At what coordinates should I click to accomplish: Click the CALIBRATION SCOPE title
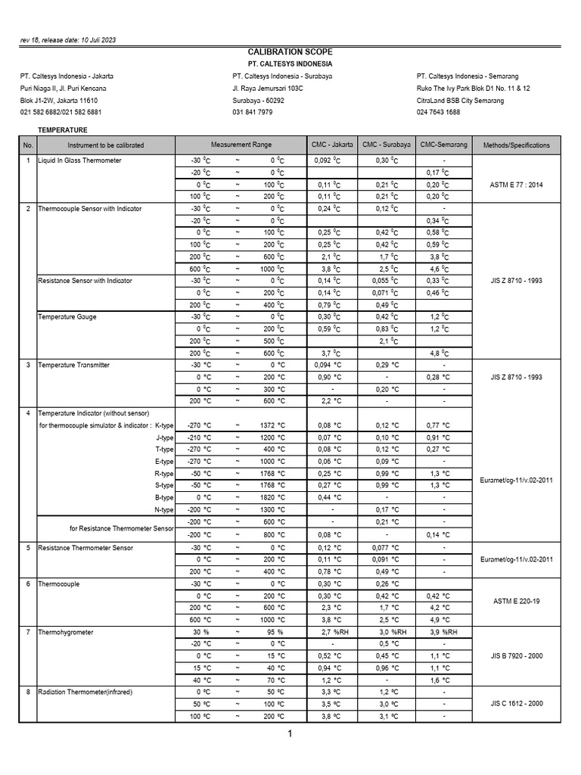point(290,51)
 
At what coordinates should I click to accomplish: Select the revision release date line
point(68,39)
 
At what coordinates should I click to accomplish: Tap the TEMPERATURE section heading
point(63,131)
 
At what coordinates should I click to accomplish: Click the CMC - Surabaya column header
point(387,145)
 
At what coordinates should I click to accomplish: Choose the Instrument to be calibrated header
point(105,145)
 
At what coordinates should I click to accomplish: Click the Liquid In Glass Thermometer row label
point(79,160)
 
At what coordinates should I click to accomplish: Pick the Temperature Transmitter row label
point(73,365)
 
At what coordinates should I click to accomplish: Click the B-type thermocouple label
point(164,497)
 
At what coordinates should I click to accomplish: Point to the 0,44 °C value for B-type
point(327,497)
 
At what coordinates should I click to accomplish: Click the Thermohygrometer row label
point(66,632)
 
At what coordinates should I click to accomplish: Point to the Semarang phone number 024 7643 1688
point(438,112)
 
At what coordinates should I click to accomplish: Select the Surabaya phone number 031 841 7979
point(253,112)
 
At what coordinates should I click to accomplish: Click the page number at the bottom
point(290,733)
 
